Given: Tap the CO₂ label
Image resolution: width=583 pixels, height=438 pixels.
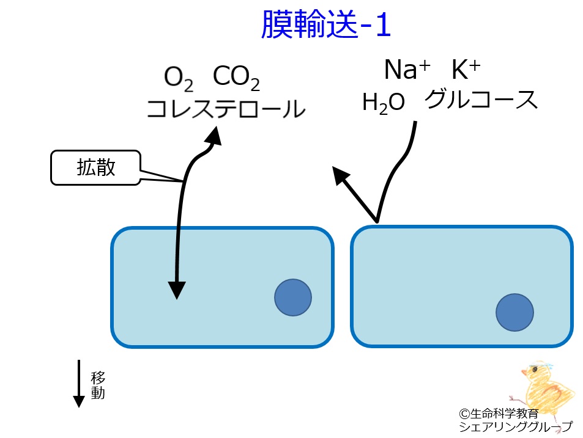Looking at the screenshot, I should (236, 78).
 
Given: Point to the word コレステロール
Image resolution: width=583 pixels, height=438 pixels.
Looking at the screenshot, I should (225, 109).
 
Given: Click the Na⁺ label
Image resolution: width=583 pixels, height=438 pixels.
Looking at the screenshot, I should (407, 71).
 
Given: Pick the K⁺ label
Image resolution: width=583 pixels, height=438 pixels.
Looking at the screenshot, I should (466, 71).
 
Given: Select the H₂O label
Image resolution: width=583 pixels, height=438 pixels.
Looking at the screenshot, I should (384, 103).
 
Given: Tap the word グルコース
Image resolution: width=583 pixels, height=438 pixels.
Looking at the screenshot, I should (481, 100).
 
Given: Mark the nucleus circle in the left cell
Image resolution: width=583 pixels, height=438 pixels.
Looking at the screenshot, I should (292, 297).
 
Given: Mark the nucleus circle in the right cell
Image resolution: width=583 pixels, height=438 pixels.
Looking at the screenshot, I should (514, 312).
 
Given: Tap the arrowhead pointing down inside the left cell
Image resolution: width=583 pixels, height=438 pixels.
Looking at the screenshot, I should (176, 290).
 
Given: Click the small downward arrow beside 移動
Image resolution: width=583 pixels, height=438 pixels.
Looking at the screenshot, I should (79, 384).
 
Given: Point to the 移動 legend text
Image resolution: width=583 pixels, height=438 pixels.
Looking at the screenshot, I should (98, 384).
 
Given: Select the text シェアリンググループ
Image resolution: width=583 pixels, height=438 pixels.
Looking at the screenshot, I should (516, 427).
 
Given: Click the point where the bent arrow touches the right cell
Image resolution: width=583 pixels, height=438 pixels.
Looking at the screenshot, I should (377, 222).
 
